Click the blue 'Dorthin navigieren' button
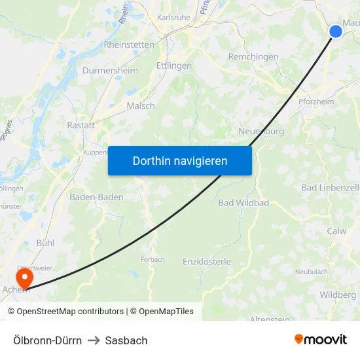179,161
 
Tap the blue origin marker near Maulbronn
335,31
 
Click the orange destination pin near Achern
25,279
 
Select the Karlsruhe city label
173,18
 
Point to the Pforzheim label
315,102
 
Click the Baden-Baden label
96,197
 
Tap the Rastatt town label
81,125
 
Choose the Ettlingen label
174,66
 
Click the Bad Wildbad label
243,203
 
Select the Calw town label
336,231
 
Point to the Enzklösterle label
207,262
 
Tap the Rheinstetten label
129,45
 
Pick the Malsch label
141,105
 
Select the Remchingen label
253,57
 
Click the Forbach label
153,259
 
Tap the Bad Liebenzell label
330,188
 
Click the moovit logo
320,339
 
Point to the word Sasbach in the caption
126,340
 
